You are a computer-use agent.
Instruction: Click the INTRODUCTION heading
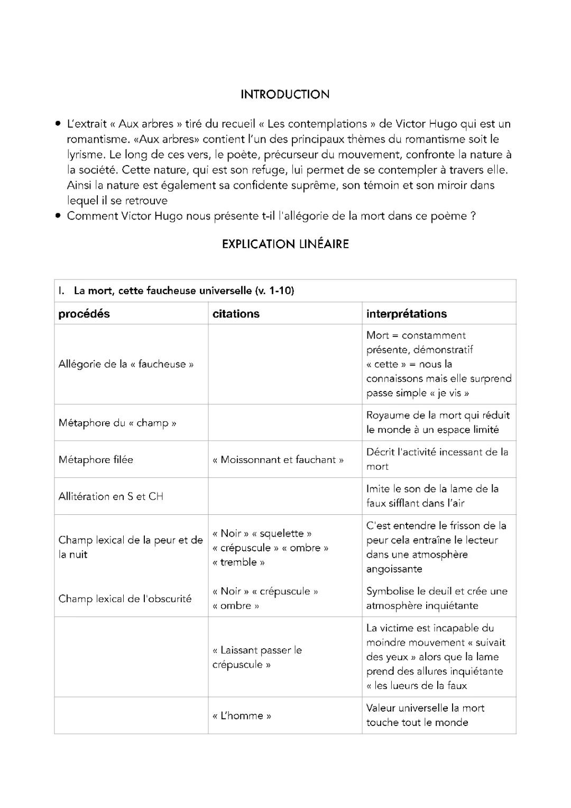click(x=285, y=95)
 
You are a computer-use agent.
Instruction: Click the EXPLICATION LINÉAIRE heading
click(x=285, y=244)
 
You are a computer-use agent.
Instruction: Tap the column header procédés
click(x=84, y=314)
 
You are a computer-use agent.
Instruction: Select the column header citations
click(x=236, y=314)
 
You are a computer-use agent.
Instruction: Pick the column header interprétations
click(x=406, y=314)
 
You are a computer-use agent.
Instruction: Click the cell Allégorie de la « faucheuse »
click(x=126, y=364)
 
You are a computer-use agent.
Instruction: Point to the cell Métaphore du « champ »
click(x=117, y=423)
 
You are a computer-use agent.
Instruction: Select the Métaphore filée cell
click(x=96, y=460)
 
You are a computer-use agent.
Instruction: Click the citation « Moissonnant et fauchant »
click(x=278, y=460)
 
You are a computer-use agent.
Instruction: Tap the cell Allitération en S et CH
click(x=111, y=496)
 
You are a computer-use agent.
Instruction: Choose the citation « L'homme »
click(x=242, y=716)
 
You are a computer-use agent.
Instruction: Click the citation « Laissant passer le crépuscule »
click(x=257, y=657)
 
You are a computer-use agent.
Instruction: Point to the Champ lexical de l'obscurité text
click(x=125, y=599)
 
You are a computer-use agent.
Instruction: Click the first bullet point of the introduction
click(x=58, y=124)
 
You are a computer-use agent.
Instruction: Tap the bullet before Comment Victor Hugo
click(x=58, y=216)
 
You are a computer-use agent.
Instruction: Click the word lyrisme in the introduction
click(x=85, y=155)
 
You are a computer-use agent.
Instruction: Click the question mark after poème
click(x=473, y=216)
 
